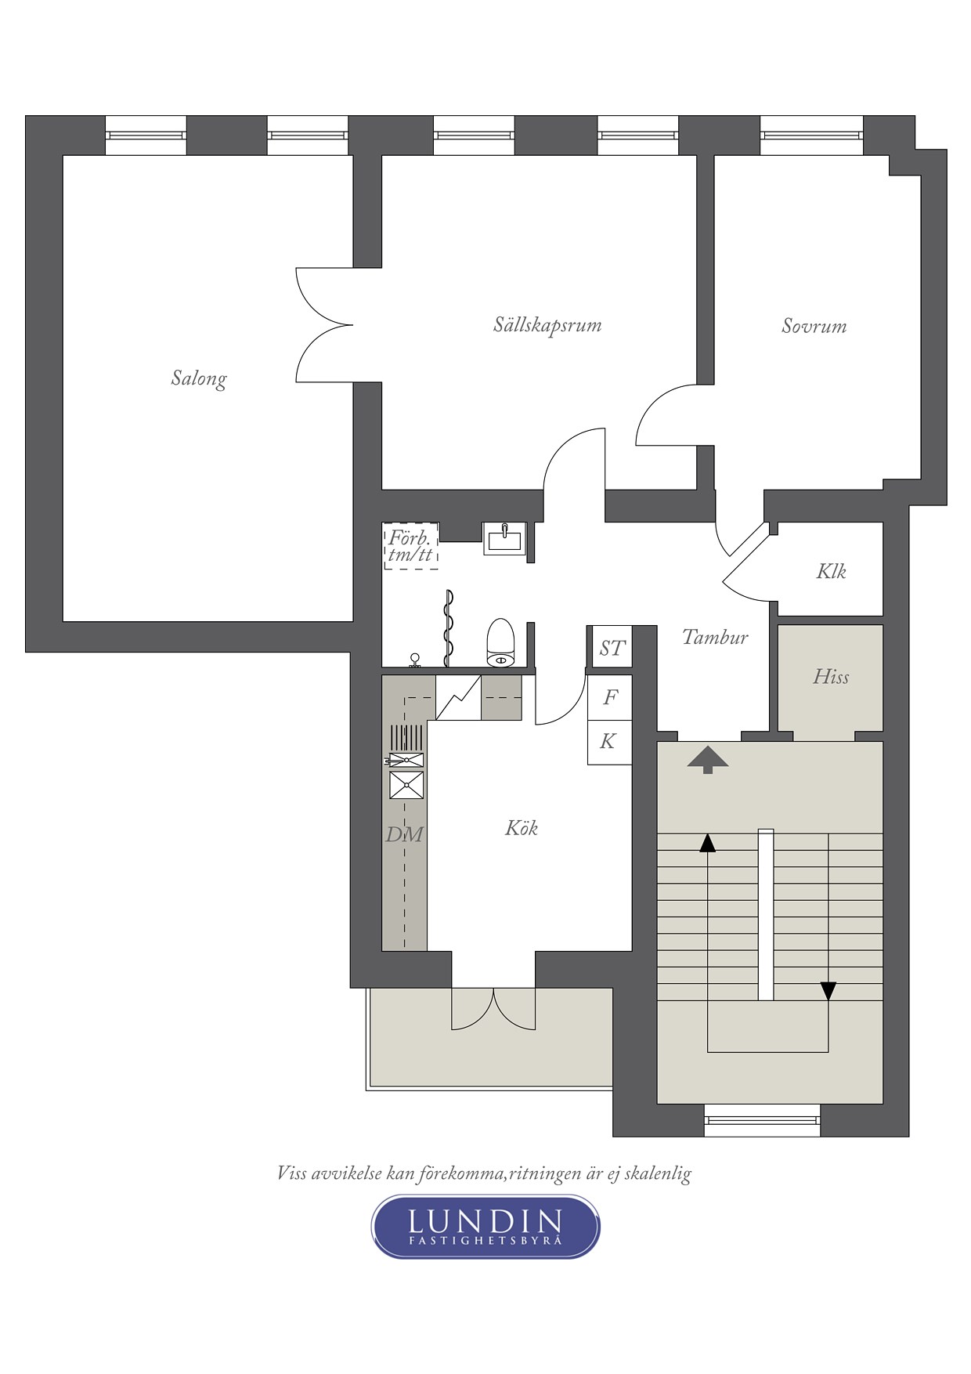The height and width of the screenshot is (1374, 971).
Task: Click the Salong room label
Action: click(x=199, y=379)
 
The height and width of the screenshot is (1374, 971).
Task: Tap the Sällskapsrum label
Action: click(x=547, y=325)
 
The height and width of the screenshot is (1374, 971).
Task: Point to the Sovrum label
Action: click(x=814, y=326)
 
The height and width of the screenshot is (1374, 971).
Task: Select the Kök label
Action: click(x=522, y=828)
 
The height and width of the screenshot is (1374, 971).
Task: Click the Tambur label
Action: click(x=715, y=637)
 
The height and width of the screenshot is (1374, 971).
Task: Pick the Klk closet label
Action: click(x=831, y=571)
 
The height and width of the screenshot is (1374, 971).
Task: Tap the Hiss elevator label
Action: click(x=831, y=676)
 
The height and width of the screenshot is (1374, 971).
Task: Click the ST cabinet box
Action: click(x=611, y=647)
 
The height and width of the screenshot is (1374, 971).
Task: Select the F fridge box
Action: click(x=610, y=696)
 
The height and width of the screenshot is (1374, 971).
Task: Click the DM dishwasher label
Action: click(x=404, y=834)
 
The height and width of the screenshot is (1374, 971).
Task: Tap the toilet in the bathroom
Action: click(x=500, y=642)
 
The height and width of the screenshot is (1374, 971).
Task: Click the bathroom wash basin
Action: click(x=505, y=538)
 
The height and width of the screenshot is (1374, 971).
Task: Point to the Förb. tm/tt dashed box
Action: click(x=411, y=545)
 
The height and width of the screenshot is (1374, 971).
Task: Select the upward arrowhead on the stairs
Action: click(x=708, y=843)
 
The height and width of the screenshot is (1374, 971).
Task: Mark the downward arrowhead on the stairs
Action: click(x=828, y=991)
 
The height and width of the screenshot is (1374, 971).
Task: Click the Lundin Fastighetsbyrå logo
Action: click(x=485, y=1227)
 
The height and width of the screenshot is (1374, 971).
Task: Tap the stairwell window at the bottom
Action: click(x=763, y=1120)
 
